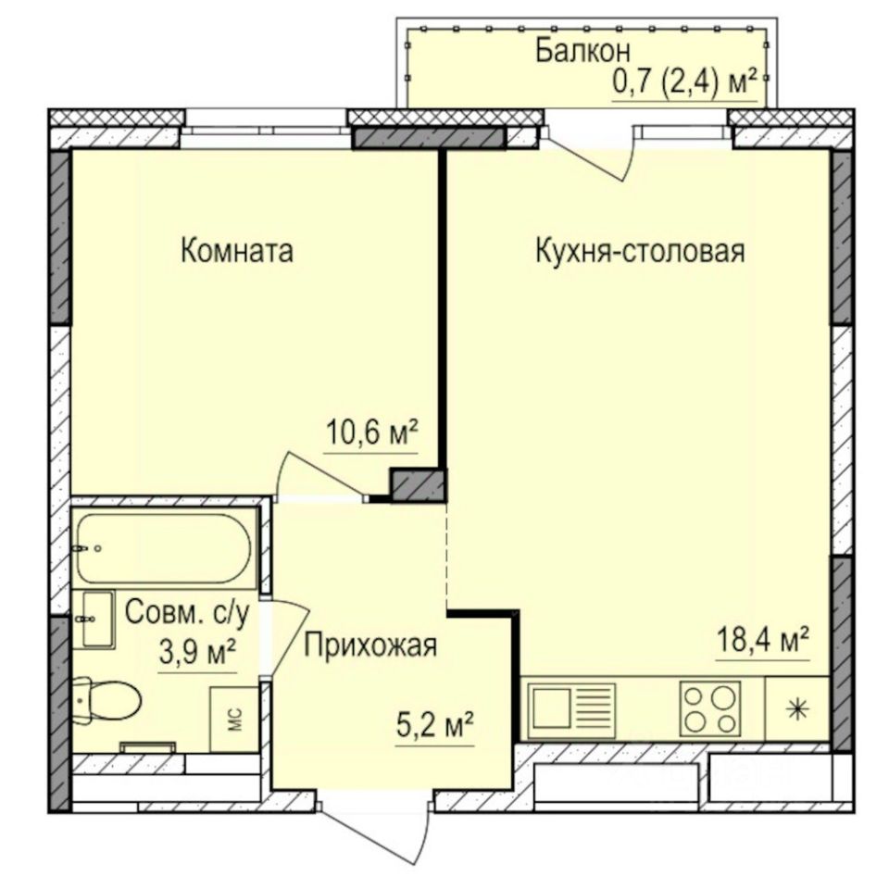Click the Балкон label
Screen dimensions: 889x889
[x=583, y=49]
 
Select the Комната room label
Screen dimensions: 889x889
[x=237, y=251]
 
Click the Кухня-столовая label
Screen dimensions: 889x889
[x=640, y=251]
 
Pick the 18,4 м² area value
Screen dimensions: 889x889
[x=763, y=638]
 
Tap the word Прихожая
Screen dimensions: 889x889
[x=369, y=645]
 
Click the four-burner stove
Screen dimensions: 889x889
[x=710, y=708]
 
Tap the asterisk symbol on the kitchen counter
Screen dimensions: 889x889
[x=796, y=710]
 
